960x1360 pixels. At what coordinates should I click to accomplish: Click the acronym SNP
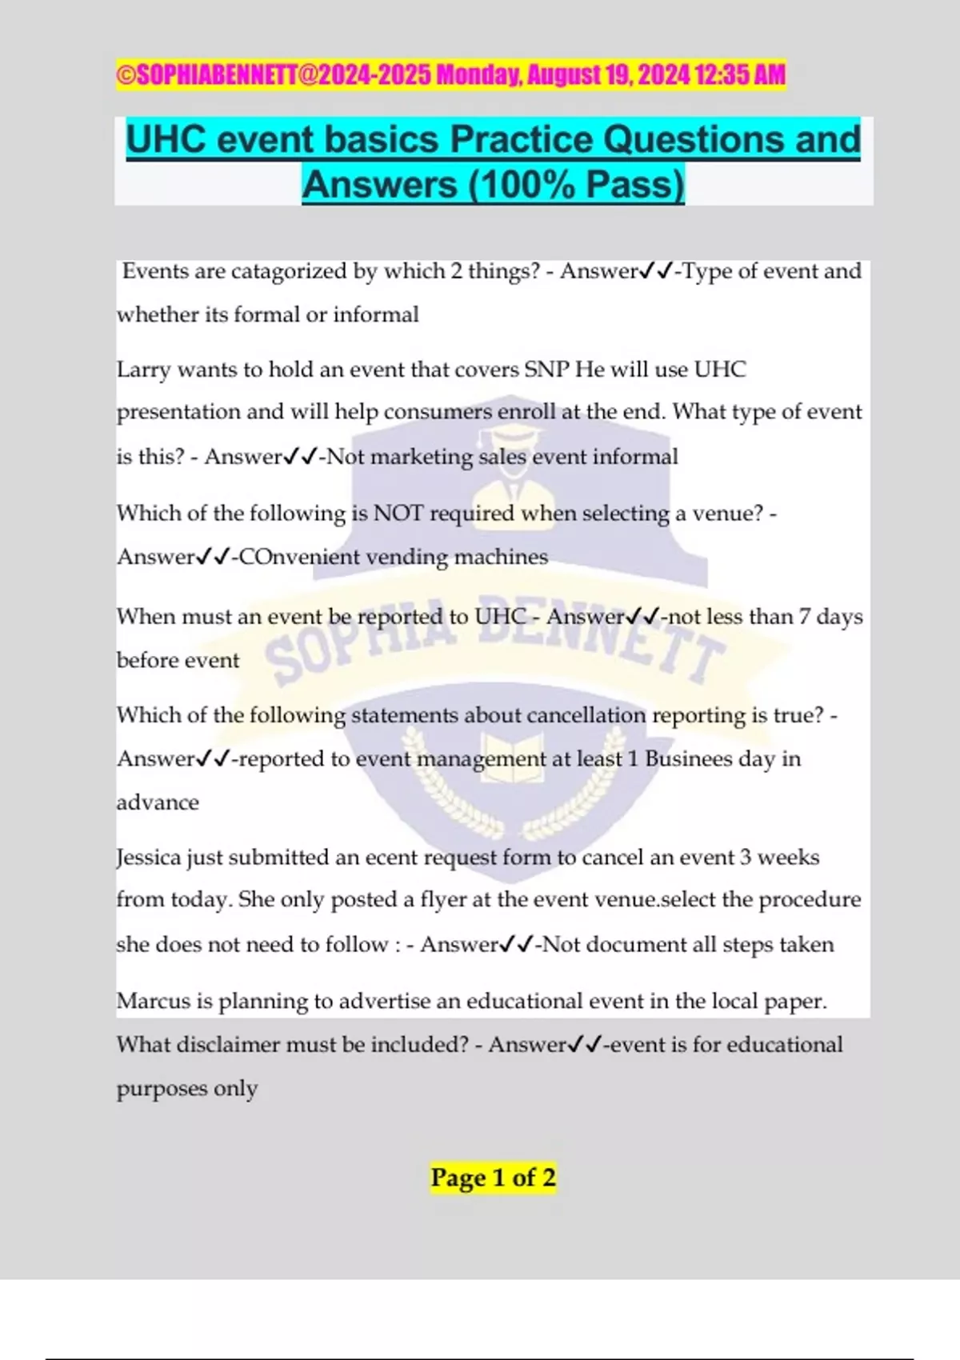546,370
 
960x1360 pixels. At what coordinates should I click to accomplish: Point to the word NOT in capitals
398,513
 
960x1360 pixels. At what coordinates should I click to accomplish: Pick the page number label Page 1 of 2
493,1178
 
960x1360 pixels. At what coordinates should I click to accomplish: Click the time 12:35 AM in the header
740,75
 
